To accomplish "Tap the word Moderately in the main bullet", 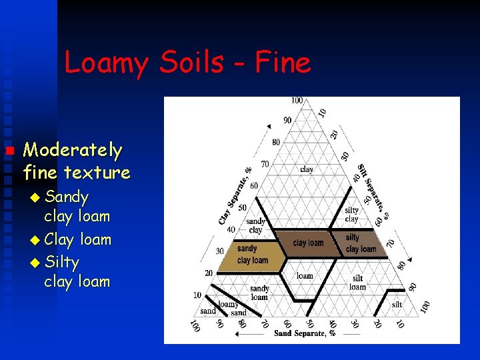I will pyautogui.click(x=73, y=151).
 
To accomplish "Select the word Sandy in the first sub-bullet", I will pyautogui.click(x=67, y=197).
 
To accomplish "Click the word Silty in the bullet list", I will pyautogui.click(x=62, y=261).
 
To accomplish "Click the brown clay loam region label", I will pyautogui.click(x=308, y=243).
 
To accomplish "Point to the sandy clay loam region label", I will pyautogui.click(x=252, y=255).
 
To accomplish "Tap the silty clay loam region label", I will pyautogui.click(x=361, y=243).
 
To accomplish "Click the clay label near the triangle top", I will pyautogui.click(x=307, y=169).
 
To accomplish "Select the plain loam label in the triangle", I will pyautogui.click(x=305, y=275).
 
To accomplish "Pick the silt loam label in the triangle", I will pyautogui.click(x=358, y=283).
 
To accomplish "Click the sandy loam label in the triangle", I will pyautogui.click(x=259, y=293).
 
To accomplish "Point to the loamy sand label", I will pyautogui.click(x=230, y=308).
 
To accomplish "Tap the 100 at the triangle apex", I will pyautogui.click(x=297, y=101).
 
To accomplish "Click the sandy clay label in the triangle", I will pyautogui.click(x=255, y=226).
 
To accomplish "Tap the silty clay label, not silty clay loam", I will pyautogui.click(x=351, y=215).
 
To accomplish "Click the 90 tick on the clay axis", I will pyautogui.click(x=287, y=120).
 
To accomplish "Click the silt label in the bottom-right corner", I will pyautogui.click(x=397, y=304).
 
